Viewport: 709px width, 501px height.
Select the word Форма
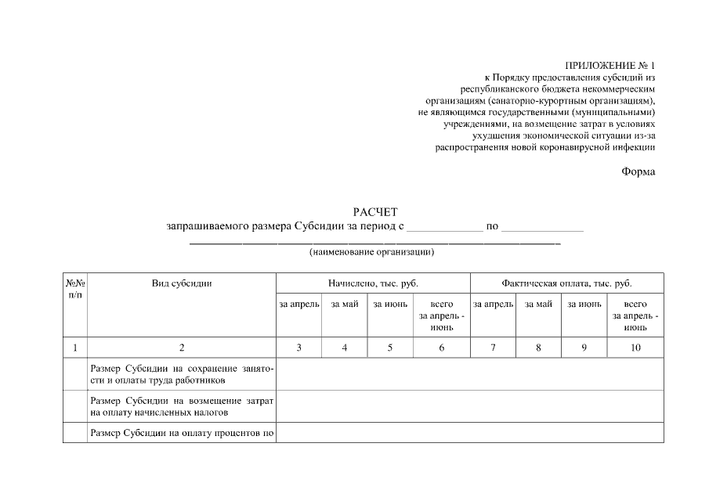[x=638, y=171]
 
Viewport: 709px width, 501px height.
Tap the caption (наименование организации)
[x=371, y=252]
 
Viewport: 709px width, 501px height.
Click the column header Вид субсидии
[x=181, y=283]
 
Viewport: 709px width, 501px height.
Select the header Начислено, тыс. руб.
[x=372, y=283]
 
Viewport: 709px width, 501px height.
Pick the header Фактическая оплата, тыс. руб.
[x=566, y=283]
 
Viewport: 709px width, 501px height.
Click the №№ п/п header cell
[x=74, y=289]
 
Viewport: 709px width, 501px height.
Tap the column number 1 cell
[x=74, y=348]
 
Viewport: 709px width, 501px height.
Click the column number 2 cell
[x=181, y=348]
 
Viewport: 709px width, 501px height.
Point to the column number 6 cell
[x=442, y=348]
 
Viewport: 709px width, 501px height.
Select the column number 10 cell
[x=635, y=348]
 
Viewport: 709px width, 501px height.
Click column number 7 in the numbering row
[x=492, y=348]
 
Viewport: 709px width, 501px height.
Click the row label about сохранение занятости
[x=181, y=374]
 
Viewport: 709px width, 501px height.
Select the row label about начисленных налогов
[x=181, y=405]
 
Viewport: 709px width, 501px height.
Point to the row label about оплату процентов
[x=181, y=432]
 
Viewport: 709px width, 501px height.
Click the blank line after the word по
[x=542, y=229]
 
